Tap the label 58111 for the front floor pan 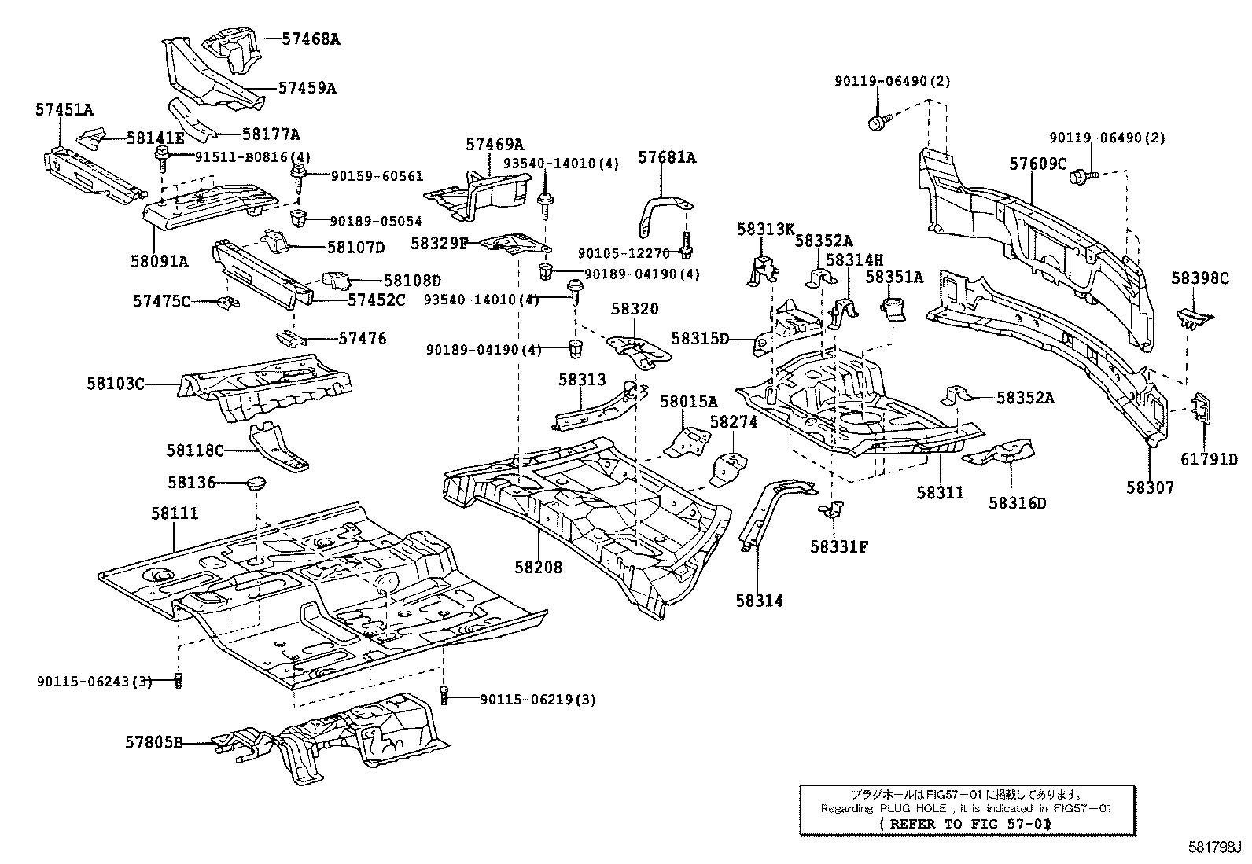point(174,513)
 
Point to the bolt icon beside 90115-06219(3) point(444,695)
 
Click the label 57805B point(153,741)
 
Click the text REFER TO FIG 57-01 point(967,823)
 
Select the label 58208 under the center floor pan point(539,566)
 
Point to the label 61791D point(1209,459)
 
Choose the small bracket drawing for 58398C point(1193,318)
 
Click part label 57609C point(1038,164)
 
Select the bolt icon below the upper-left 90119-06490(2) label point(878,123)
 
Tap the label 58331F point(838,546)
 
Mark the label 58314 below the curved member point(759,601)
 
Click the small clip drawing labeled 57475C point(228,303)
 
